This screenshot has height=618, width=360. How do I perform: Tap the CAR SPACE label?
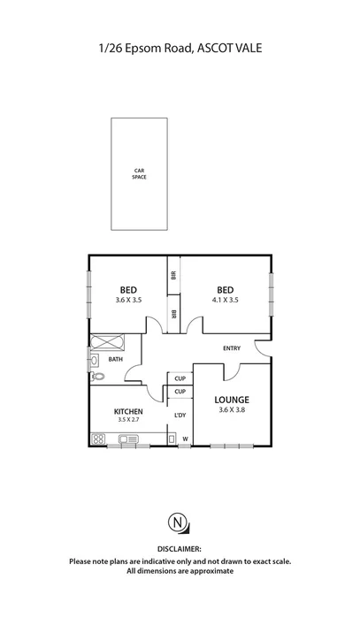pos(139,174)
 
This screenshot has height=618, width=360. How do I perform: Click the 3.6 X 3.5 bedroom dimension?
pos(128,301)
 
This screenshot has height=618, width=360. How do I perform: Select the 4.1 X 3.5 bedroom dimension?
pos(225,301)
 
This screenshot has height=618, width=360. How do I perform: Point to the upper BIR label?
pos(174,275)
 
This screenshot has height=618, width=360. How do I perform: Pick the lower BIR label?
pos(174,313)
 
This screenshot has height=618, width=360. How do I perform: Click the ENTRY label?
pos(232,347)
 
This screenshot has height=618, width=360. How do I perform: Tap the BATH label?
pos(116,359)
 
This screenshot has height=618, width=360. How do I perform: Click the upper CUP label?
pos(179,378)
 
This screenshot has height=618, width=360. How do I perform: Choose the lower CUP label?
pos(179,392)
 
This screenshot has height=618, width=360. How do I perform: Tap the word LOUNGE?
pos(231,399)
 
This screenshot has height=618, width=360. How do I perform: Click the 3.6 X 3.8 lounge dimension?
pos(231,409)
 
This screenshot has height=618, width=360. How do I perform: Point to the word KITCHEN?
pos(128,411)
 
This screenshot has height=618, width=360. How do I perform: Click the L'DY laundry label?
pos(180,416)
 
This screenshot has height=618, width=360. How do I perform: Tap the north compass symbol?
pos(180,523)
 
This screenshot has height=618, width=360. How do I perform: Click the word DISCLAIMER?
pos(180,549)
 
